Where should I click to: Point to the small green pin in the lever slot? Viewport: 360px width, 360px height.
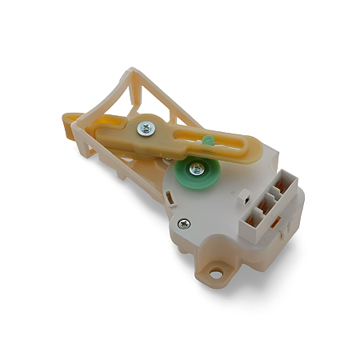click(208, 141)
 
